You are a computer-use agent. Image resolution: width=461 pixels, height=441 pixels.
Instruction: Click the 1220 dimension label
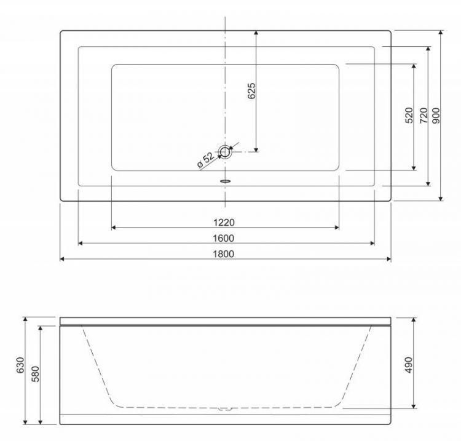point(224,223)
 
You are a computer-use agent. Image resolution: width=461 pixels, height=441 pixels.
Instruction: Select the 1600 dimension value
point(224,238)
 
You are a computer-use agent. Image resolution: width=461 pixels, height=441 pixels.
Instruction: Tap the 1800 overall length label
point(224,253)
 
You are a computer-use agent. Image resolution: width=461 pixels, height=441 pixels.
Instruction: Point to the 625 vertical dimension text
point(251,91)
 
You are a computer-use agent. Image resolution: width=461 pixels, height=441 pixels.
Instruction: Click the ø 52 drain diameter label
point(206,161)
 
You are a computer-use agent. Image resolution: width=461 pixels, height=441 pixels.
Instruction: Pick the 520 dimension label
point(409,116)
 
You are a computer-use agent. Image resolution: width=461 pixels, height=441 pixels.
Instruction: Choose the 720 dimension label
point(424,116)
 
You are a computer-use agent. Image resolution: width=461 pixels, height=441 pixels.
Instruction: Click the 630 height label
point(20,365)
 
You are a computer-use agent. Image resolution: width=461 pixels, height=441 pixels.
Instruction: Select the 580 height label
point(35,374)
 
